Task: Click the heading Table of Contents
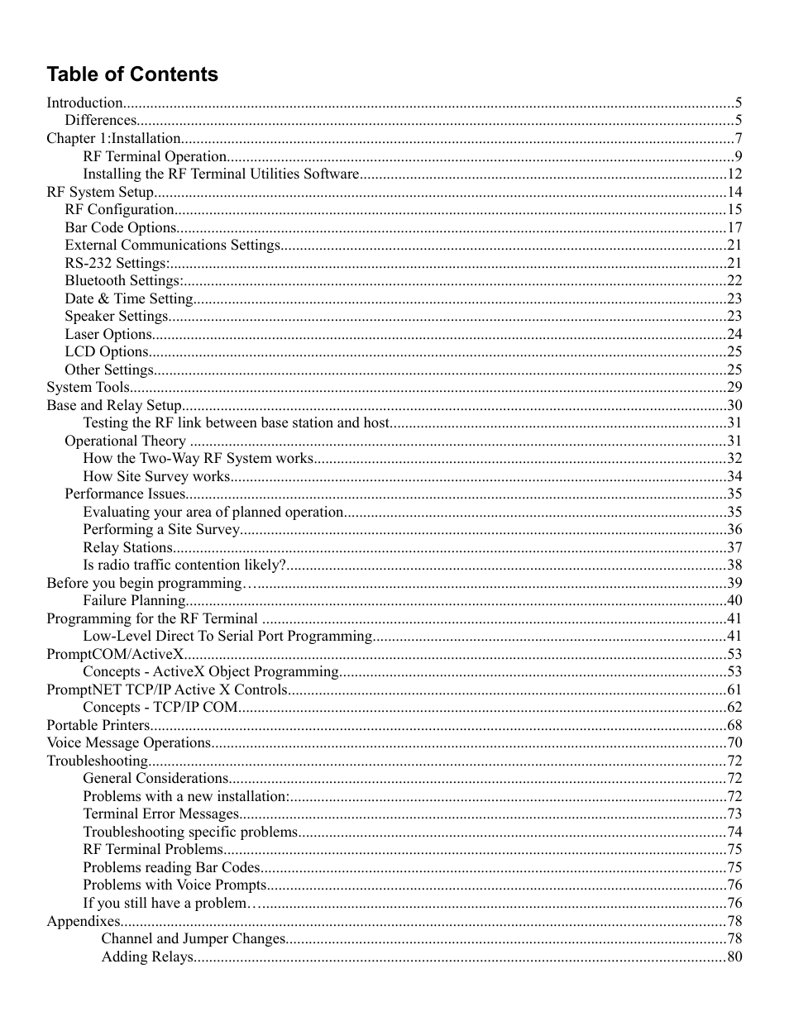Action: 132,74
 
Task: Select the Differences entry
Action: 100,121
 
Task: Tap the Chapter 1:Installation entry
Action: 113,139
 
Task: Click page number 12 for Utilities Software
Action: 734,174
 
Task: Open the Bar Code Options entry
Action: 121,227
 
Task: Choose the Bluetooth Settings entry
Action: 124,281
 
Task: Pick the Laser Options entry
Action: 108,334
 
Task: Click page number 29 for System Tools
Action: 734,388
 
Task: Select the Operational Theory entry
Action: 125,441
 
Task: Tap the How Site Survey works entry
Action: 156,476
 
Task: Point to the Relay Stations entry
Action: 127,547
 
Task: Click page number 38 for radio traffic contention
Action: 734,565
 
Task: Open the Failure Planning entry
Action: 134,601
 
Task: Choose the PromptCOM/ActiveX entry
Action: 115,654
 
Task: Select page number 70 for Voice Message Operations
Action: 734,743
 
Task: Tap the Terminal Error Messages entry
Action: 160,814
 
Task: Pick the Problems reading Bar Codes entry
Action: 171,867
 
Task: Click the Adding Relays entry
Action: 147,957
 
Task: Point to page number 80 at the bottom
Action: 734,957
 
